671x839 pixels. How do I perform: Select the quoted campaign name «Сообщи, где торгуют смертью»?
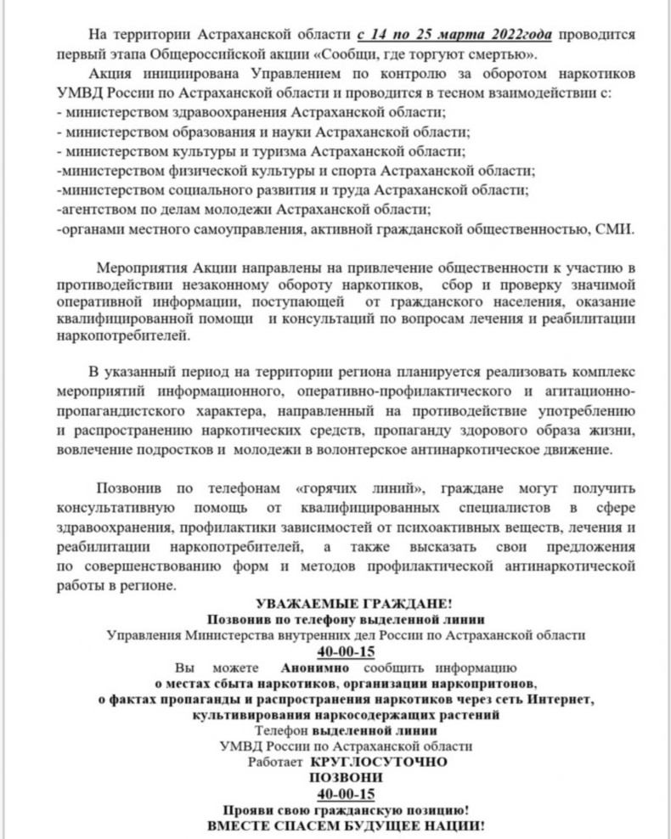coord(466,54)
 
